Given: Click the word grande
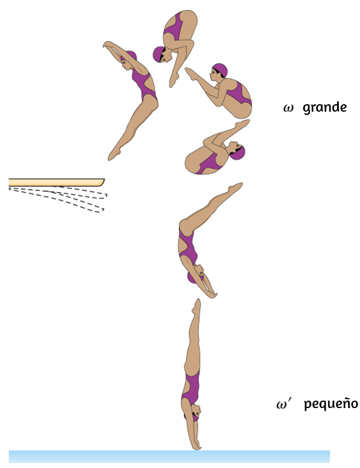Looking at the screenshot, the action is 325,108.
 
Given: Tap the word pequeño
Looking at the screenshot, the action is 331,404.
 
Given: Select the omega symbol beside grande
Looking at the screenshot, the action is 288,108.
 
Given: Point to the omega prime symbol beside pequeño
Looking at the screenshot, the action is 283,404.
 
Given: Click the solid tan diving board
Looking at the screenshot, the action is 56,182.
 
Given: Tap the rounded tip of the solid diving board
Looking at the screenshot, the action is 103,182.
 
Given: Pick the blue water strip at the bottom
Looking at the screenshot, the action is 169,457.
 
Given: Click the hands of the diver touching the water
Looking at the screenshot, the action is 196,444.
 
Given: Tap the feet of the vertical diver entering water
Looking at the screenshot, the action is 196,306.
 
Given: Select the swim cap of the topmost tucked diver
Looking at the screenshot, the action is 158,54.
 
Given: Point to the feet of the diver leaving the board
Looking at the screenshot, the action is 114,154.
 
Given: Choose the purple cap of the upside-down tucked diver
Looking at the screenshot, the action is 238,153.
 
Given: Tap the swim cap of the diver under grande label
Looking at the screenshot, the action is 220,70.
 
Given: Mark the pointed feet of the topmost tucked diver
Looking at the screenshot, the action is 173,80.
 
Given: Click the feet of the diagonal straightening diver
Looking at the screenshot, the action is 235,187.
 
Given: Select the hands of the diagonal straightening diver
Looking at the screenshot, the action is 212,294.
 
